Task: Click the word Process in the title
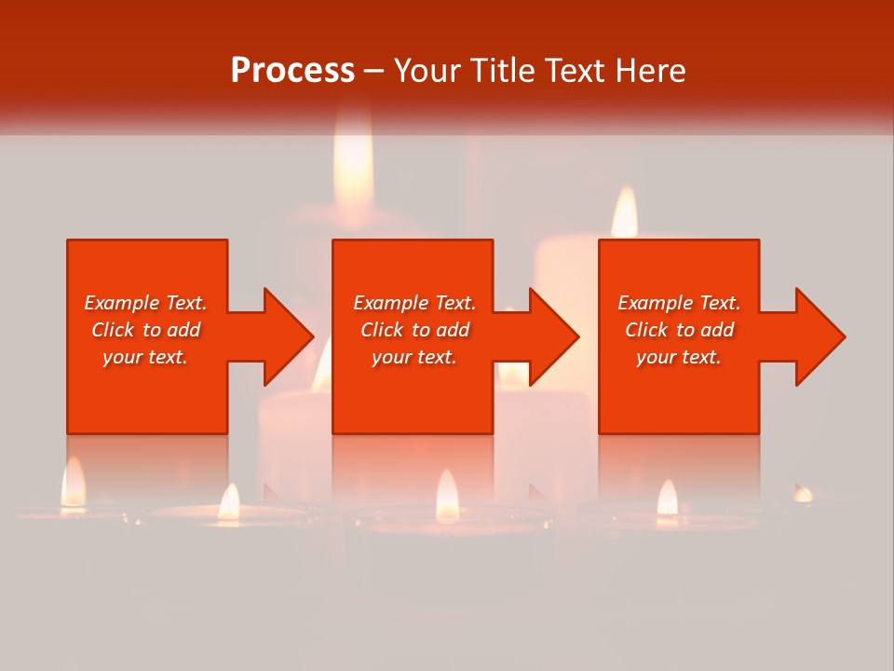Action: (292, 71)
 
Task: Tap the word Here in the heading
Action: (650, 71)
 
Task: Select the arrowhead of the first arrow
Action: (289, 336)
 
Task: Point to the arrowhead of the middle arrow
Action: (554, 336)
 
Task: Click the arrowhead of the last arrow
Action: (820, 336)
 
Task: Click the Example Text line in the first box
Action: (145, 303)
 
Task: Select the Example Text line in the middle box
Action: (414, 303)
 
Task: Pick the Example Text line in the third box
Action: (679, 303)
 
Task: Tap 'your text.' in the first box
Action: (145, 357)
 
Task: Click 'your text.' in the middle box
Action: (414, 357)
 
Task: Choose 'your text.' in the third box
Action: (679, 357)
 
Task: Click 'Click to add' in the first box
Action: (145, 330)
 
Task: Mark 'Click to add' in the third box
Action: (679, 330)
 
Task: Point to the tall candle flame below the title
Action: (354, 163)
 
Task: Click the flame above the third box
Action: (624, 212)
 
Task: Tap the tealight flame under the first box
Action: (73, 483)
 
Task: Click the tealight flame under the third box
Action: (667, 498)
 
